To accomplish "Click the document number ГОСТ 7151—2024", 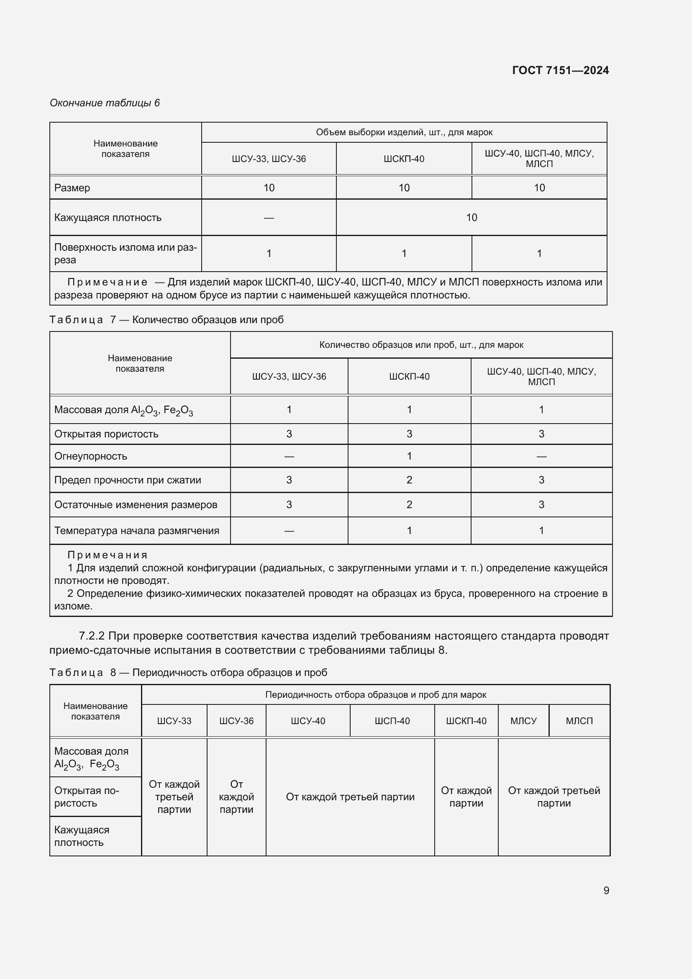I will (x=560, y=70).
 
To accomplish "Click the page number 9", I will (x=606, y=890).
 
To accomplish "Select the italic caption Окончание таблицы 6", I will (x=105, y=103).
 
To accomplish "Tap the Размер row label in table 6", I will (x=72, y=188).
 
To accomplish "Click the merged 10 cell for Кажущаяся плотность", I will (x=471, y=218).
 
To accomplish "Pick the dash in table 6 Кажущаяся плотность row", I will (x=269, y=218).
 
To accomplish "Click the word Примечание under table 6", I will (x=108, y=282).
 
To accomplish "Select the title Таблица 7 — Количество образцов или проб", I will (x=166, y=320).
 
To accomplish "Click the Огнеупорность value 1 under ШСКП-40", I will (x=409, y=456).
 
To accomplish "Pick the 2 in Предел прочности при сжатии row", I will (x=409, y=480).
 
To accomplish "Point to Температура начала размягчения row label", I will (x=136, y=531).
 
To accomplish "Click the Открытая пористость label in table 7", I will (x=106, y=434).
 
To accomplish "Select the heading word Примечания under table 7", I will (x=108, y=555).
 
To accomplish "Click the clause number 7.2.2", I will (x=92, y=636).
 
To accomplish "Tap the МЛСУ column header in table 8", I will (x=523, y=721).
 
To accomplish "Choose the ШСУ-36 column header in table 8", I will (x=236, y=721).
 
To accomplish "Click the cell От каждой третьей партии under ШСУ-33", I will (x=174, y=797).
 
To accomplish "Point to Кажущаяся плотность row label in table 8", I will (x=82, y=836).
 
